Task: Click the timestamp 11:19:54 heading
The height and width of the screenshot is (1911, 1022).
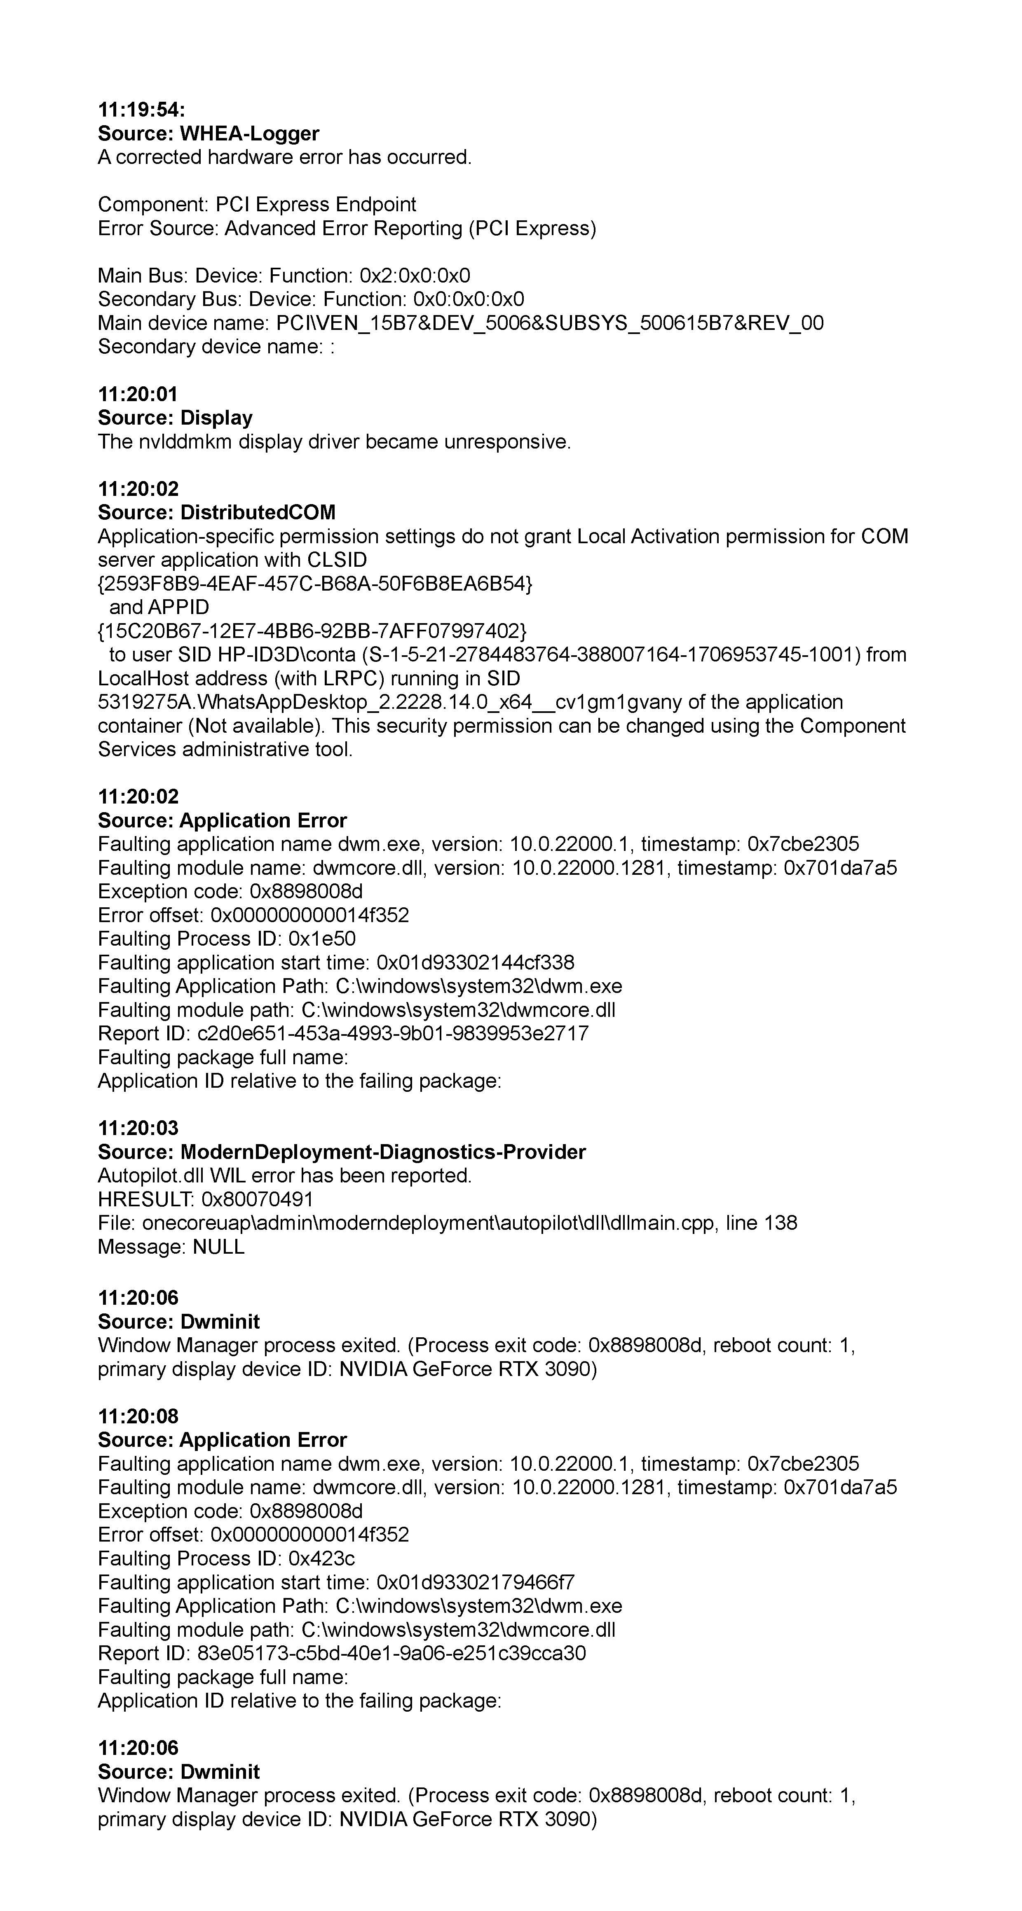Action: coord(141,110)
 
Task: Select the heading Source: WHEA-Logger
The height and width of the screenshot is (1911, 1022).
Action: coord(209,133)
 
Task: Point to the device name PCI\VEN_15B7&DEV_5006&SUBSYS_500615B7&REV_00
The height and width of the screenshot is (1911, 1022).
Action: coord(549,323)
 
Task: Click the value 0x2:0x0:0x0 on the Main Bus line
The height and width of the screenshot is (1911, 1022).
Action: coord(415,276)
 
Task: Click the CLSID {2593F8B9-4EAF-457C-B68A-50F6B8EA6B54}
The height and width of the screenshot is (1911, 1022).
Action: coord(315,584)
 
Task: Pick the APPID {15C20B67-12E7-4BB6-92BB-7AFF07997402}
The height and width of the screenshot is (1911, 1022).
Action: coord(312,631)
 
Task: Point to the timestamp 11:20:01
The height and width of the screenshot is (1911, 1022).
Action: coord(138,395)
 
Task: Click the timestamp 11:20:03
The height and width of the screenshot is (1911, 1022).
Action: coord(138,1128)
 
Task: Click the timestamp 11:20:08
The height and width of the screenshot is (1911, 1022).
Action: coord(138,1416)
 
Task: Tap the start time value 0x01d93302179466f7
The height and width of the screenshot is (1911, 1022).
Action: coord(475,1582)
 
